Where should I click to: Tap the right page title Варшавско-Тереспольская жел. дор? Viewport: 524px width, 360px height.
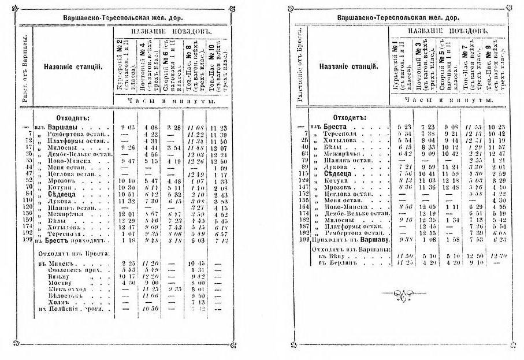point(398,18)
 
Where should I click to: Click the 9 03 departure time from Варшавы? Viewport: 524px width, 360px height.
point(128,127)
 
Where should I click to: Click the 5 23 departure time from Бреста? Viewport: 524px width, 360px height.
point(403,127)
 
